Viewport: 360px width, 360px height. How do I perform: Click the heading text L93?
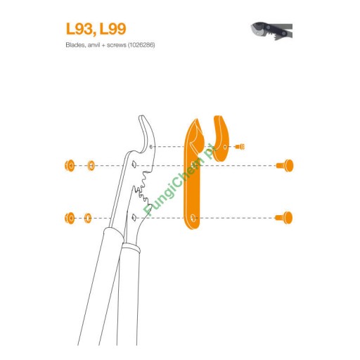tap(79, 30)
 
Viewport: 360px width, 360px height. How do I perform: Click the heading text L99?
tap(112, 29)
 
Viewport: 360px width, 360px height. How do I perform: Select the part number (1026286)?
tap(141, 45)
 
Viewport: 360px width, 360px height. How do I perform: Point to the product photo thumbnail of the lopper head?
tap(271, 31)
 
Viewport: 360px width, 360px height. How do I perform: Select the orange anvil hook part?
tap(221, 139)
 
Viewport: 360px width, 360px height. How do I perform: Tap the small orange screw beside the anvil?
tap(240, 147)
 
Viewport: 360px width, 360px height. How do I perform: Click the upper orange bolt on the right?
tap(285, 165)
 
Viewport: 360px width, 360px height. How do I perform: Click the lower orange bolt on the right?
tap(284, 218)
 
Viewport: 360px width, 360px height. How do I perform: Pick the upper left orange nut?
tap(70, 166)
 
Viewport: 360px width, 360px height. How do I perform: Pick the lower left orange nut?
tap(70, 218)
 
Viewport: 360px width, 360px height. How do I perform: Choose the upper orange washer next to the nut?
tap(91, 166)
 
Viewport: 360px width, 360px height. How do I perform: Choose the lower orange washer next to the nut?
tap(88, 218)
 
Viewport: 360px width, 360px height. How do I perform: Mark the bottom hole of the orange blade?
tap(193, 218)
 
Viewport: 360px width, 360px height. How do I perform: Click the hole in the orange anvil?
tap(225, 147)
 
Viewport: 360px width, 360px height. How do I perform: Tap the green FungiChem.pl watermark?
tap(179, 180)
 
